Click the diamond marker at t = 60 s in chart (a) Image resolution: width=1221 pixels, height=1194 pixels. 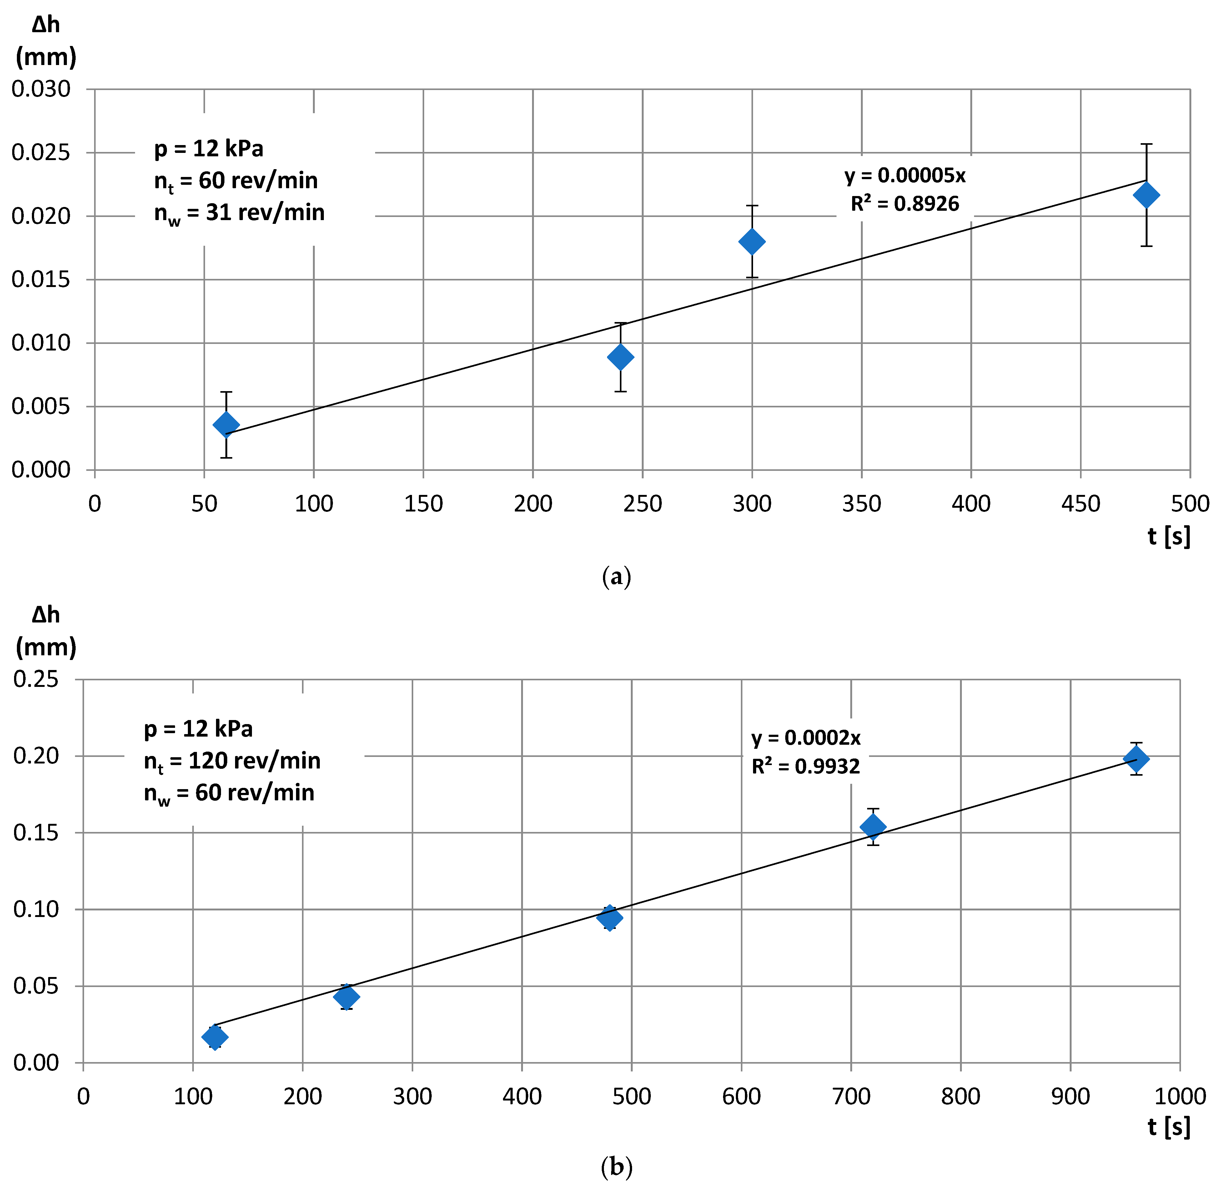point(226,425)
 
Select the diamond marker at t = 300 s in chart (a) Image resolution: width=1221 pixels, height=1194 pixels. point(752,241)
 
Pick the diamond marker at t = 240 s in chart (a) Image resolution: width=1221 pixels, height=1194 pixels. point(620,357)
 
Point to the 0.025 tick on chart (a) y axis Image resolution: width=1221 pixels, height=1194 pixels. point(41,152)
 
